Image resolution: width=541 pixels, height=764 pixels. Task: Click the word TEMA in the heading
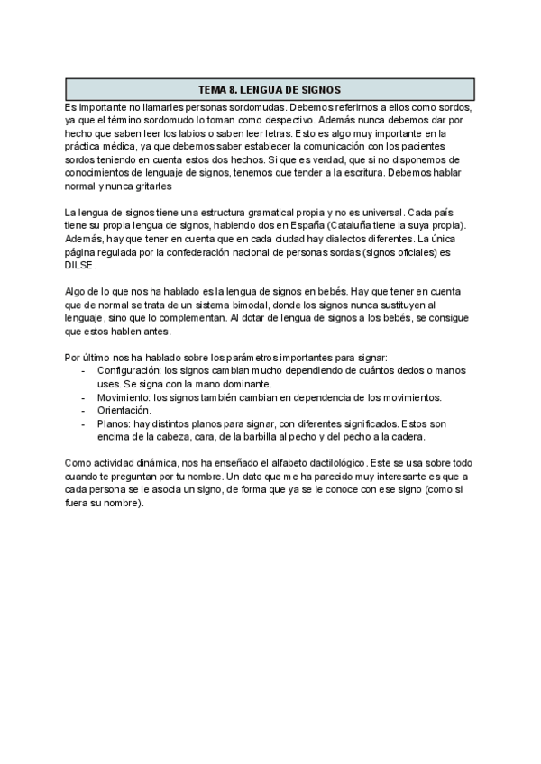pos(214,90)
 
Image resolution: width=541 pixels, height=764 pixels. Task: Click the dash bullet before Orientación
pos(84,410)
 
